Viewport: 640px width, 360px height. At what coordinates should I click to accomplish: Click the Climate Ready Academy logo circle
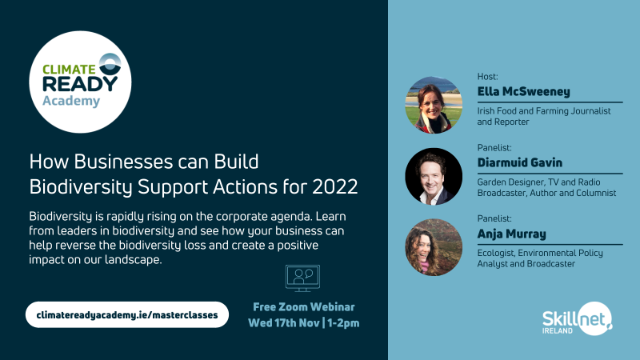pyautogui.click(x=81, y=82)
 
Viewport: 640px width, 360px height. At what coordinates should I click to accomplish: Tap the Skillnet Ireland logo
pyautogui.click(x=577, y=318)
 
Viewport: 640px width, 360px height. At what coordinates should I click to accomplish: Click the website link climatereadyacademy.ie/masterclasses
pyautogui.click(x=127, y=314)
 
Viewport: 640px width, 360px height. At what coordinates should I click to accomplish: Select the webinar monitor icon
pyautogui.click(x=302, y=278)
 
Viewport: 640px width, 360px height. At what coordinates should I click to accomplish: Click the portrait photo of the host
pyautogui.click(x=434, y=105)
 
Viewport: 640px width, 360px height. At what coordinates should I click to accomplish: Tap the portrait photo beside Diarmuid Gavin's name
pyautogui.click(x=434, y=176)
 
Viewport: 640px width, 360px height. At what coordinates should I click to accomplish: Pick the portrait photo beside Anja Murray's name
pyautogui.click(x=434, y=247)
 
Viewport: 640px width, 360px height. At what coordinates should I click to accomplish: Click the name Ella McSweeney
pyautogui.click(x=524, y=91)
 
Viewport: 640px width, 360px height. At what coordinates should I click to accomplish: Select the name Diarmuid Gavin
pyautogui.click(x=519, y=162)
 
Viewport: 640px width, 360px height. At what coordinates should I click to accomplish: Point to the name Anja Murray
pyautogui.click(x=511, y=234)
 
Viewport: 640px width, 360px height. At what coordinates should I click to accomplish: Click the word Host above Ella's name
pyautogui.click(x=487, y=76)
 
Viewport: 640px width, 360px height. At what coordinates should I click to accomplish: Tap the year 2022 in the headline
pyautogui.click(x=335, y=186)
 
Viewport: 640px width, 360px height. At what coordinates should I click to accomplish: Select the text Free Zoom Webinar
pyautogui.click(x=304, y=307)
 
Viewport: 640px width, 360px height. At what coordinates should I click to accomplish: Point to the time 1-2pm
pyautogui.click(x=343, y=323)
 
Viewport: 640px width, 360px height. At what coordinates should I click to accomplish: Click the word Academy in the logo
pyautogui.click(x=71, y=101)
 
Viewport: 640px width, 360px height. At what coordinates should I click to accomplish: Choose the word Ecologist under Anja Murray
pyautogui.click(x=495, y=253)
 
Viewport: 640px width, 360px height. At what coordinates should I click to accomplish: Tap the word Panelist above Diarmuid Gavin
pyautogui.click(x=494, y=147)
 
